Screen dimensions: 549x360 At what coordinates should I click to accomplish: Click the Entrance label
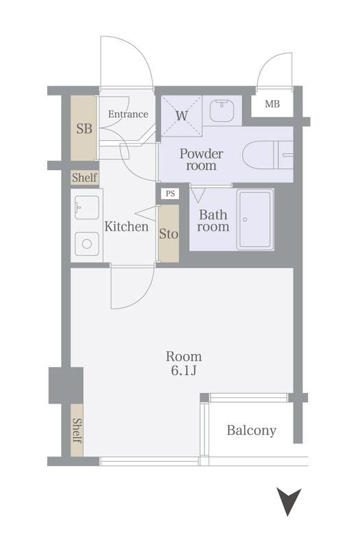coord(128,114)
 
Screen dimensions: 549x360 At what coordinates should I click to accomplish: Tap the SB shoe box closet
coord(84,128)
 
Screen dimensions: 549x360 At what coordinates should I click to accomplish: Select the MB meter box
coord(272,105)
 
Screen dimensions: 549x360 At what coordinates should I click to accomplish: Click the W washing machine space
coord(181,115)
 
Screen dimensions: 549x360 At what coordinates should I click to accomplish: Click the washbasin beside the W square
coord(221,110)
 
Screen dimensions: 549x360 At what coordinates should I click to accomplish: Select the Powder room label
coord(202,159)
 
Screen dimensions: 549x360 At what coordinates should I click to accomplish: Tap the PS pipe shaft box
coord(169,194)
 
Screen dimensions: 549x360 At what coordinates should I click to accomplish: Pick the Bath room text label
coord(213,220)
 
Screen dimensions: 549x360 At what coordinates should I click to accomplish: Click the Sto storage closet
coord(169,234)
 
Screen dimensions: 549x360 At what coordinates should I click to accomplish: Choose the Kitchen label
coord(126,226)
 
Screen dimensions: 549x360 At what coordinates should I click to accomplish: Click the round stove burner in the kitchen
coord(86,242)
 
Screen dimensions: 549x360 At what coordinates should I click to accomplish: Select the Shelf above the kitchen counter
coord(85,178)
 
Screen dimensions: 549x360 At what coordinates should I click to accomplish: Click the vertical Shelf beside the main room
coord(77,430)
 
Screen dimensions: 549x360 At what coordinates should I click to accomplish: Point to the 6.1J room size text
coord(184,371)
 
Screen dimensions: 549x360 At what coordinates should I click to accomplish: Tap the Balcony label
coord(252,431)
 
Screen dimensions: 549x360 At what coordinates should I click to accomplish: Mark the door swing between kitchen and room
coord(132,288)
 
